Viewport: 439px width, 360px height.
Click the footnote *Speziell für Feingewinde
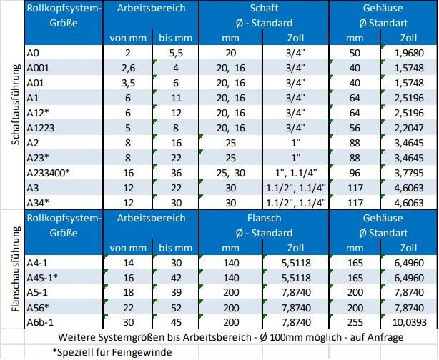click(x=106, y=352)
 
